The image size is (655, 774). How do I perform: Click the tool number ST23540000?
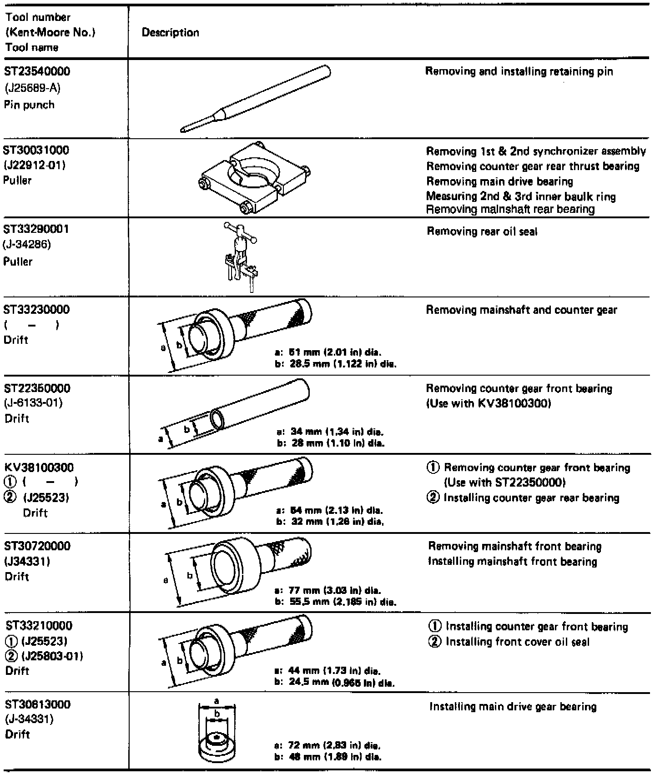pyautogui.click(x=37, y=72)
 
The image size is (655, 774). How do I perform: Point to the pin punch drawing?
pyautogui.click(x=255, y=99)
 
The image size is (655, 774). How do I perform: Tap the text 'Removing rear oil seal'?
pyautogui.click(x=482, y=232)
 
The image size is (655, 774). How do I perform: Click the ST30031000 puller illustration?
pyautogui.click(x=255, y=178)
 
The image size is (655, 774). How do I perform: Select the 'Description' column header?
pyautogui.click(x=170, y=33)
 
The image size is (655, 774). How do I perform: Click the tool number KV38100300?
pyautogui.click(x=39, y=468)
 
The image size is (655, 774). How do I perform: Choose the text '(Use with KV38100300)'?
pyautogui.click(x=488, y=404)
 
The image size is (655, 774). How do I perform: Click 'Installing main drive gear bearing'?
pyautogui.click(x=513, y=707)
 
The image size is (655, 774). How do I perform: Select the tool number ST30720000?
pyautogui.click(x=37, y=546)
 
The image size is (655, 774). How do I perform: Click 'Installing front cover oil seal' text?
pyautogui.click(x=517, y=642)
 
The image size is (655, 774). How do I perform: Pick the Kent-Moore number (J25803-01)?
pyautogui.click(x=49, y=656)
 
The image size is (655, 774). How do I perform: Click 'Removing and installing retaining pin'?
pyautogui.click(x=519, y=72)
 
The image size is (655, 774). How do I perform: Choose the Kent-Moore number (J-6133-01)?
pyautogui.click(x=33, y=403)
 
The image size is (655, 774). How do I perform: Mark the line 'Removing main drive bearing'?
pyautogui.click(x=499, y=182)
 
